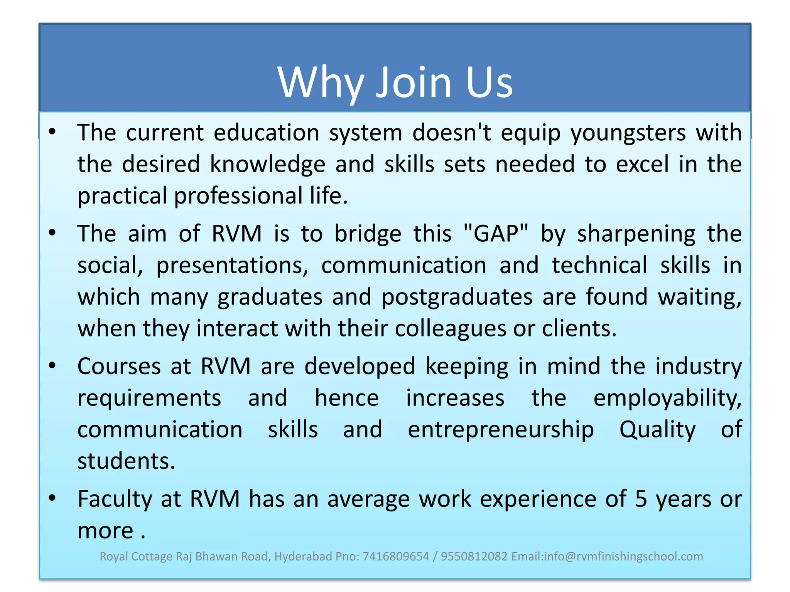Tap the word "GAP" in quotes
click(496, 234)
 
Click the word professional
click(238, 196)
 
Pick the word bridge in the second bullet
click(368, 234)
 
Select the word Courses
click(119, 366)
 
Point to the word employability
click(667, 398)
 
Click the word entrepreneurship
click(501, 430)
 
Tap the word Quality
click(657, 430)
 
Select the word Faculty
click(115, 499)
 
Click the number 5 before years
click(641, 499)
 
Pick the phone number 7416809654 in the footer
click(396, 557)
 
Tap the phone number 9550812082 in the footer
click(474, 557)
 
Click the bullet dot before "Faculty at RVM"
click(52, 498)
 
